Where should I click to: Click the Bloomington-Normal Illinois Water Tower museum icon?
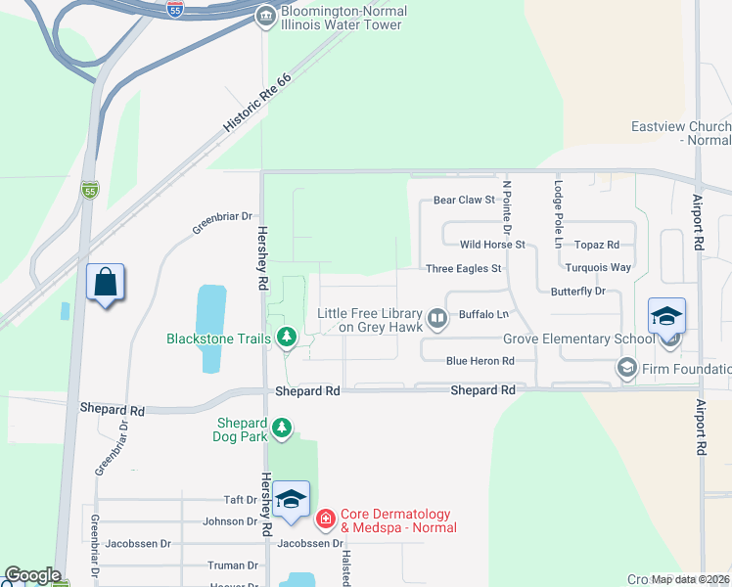[265, 16]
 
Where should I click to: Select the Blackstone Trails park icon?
[286, 339]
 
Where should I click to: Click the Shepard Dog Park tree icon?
[282, 427]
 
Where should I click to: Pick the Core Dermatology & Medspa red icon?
[325, 519]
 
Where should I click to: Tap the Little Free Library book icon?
[438, 317]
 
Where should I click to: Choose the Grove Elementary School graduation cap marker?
[666, 316]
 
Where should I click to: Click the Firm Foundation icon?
[626, 368]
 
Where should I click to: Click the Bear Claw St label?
[465, 201]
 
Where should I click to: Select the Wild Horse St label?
[493, 245]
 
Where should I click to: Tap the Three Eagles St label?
[464, 268]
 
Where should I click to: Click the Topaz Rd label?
[597, 245]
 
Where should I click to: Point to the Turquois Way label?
[598, 267]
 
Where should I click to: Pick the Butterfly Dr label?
[578, 292]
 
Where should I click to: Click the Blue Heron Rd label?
[480, 361]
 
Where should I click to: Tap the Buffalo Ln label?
[483, 315]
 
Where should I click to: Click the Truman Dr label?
[233, 565]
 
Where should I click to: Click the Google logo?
[32, 575]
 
